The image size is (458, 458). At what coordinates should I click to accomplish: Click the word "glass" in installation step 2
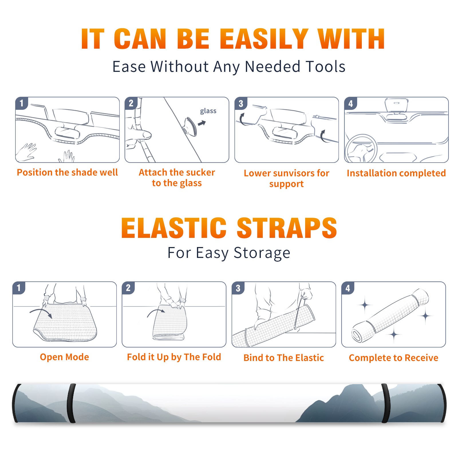[208, 111]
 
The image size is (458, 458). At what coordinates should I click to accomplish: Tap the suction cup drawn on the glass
[190, 126]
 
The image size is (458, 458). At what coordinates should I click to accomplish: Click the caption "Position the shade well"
[67, 172]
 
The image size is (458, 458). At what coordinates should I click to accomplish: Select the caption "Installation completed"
[396, 173]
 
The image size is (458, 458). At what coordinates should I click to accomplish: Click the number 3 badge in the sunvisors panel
[241, 103]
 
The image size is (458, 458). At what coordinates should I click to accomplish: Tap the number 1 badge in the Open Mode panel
[19, 288]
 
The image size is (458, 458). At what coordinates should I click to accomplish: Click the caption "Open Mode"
[64, 357]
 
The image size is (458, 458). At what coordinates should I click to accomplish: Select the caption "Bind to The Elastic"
[284, 358]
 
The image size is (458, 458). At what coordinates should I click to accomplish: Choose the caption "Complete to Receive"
[394, 358]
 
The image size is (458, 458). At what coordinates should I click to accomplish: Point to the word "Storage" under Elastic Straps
[262, 253]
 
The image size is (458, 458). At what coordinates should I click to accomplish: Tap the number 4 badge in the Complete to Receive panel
[348, 288]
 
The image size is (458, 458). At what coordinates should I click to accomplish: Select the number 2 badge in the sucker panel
[131, 103]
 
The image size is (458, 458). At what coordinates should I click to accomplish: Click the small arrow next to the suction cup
[202, 123]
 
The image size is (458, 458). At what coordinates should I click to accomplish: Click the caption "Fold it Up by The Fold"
[174, 357]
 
